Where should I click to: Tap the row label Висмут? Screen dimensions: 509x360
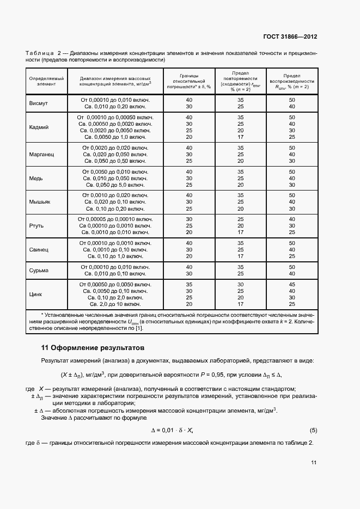[38, 103]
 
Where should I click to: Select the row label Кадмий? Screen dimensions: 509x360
[39, 127]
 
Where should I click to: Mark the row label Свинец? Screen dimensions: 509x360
[39, 249]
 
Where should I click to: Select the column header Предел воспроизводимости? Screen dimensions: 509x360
[291, 81]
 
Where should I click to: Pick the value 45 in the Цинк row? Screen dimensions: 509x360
[291, 284]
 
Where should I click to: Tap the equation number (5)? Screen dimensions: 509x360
[313, 430]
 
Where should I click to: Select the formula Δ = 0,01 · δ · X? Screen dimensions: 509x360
[172, 430]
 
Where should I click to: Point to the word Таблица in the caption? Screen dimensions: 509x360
[39, 53]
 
